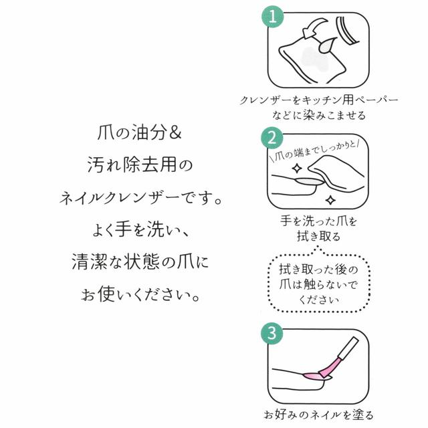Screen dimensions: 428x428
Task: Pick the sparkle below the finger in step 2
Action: [330, 199]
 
